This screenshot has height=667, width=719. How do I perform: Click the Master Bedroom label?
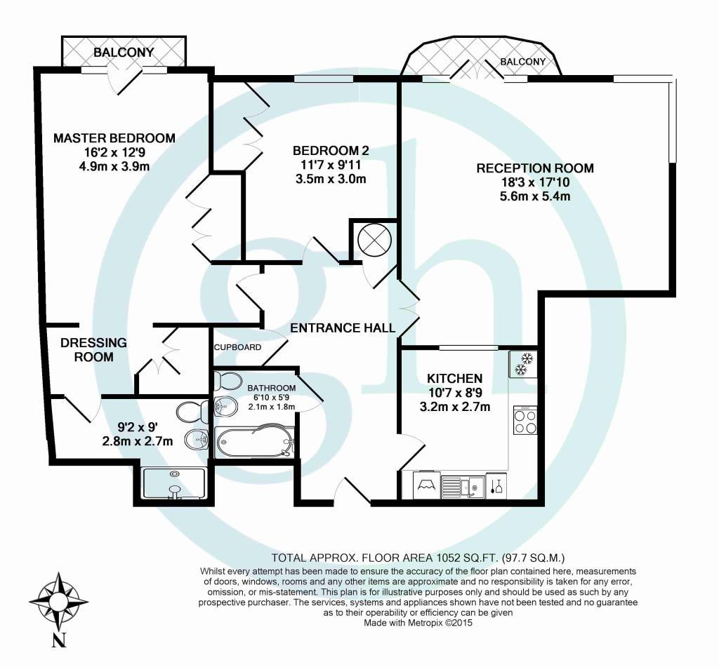(114, 138)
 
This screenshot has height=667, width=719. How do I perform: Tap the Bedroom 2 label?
(331, 150)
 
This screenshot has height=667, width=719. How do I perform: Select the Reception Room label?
(535, 168)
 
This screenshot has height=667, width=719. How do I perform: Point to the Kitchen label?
(454, 379)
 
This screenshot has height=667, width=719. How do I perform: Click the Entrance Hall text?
(343, 328)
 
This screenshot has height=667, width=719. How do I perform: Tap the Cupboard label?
(237, 347)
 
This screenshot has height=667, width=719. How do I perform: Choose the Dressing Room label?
(93, 349)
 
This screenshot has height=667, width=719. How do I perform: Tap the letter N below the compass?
(59, 640)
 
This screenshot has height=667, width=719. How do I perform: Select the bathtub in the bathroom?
(255, 442)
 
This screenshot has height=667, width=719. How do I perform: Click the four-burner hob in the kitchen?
(525, 420)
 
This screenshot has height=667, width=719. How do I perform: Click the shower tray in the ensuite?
(174, 483)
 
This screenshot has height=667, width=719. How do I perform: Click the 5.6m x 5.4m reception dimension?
(535, 196)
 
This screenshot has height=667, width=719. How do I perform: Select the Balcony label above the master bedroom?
(124, 52)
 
